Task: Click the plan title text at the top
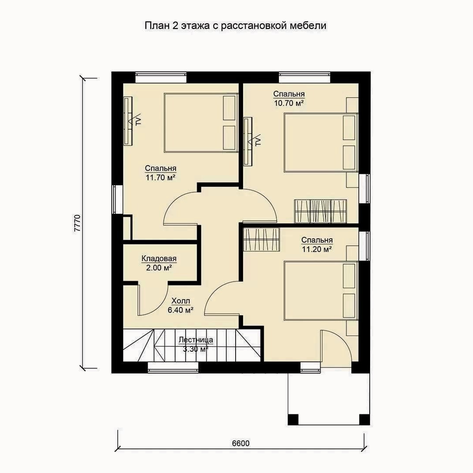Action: [235, 26]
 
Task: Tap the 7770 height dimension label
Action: [78, 223]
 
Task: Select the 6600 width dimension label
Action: [241, 443]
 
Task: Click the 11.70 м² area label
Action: [160, 177]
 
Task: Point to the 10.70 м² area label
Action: [289, 103]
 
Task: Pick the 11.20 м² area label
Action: [317, 249]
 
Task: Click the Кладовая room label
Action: [159, 258]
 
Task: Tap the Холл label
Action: [181, 301]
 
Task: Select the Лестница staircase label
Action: [196, 340]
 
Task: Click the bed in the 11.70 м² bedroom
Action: [201, 123]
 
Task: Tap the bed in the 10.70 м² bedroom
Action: [321, 143]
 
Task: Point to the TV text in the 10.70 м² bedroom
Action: [258, 141]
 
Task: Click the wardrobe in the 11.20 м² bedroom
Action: [261, 240]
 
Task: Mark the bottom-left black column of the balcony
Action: [293, 419]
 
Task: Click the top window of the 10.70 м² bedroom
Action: [304, 77]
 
